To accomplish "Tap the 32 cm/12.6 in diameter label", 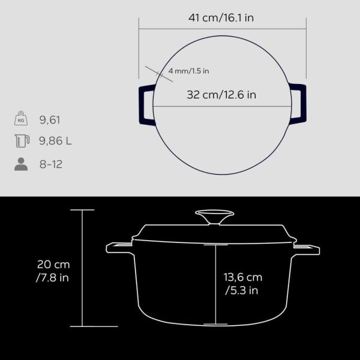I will tap(221, 94).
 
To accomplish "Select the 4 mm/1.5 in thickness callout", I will tap(188, 71).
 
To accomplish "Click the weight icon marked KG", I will tap(21, 119).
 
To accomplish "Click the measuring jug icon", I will tap(21, 142).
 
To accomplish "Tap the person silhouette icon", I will tap(21, 164).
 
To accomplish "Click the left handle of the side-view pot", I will tap(119, 247).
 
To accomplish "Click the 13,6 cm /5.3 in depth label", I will tap(243, 284).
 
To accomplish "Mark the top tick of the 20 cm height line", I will tap(82, 210).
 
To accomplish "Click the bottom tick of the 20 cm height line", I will tap(82, 326).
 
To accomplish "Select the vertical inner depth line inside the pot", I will tap(214, 282).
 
